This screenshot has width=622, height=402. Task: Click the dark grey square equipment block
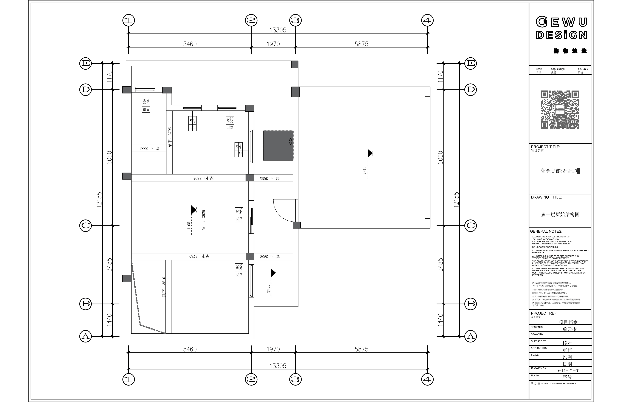click(278, 146)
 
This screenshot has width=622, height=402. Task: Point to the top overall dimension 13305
click(278, 30)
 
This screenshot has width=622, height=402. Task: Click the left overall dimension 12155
click(99, 200)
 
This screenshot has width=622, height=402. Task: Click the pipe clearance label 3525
click(204, 220)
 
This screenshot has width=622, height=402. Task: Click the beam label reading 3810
click(164, 287)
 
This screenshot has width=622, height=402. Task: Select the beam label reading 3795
click(170, 137)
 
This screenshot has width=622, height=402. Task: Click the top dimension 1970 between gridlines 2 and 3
click(273, 44)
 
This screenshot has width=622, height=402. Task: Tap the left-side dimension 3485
click(109, 265)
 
